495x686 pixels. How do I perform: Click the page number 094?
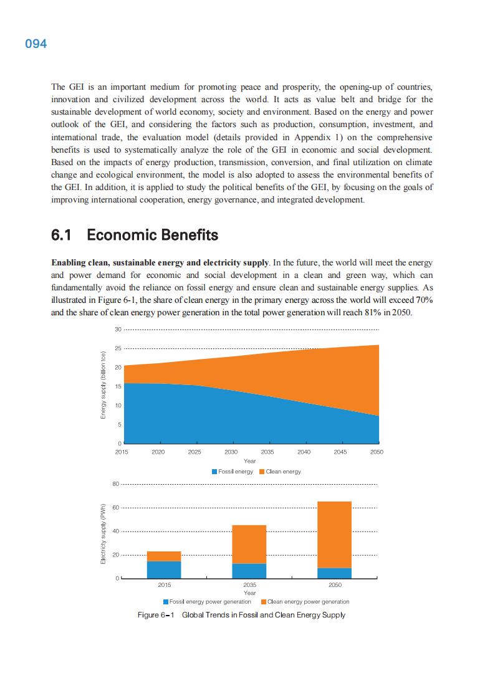(x=36, y=44)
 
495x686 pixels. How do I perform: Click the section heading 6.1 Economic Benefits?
(x=134, y=235)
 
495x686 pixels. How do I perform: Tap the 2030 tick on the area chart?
(x=231, y=452)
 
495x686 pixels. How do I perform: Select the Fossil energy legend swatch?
(x=214, y=472)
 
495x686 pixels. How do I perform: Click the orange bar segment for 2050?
(x=334, y=534)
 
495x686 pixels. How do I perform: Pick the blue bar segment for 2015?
(x=164, y=569)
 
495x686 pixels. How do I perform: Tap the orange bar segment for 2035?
(x=249, y=544)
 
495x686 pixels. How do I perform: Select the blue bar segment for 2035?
(x=249, y=571)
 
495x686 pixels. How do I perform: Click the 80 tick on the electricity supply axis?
(x=115, y=484)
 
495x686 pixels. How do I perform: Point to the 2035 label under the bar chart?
(x=249, y=586)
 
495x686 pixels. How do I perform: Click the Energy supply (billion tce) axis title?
(x=104, y=386)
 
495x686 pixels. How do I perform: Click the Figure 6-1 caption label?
(x=156, y=615)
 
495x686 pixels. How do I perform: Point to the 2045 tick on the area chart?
(x=340, y=452)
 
